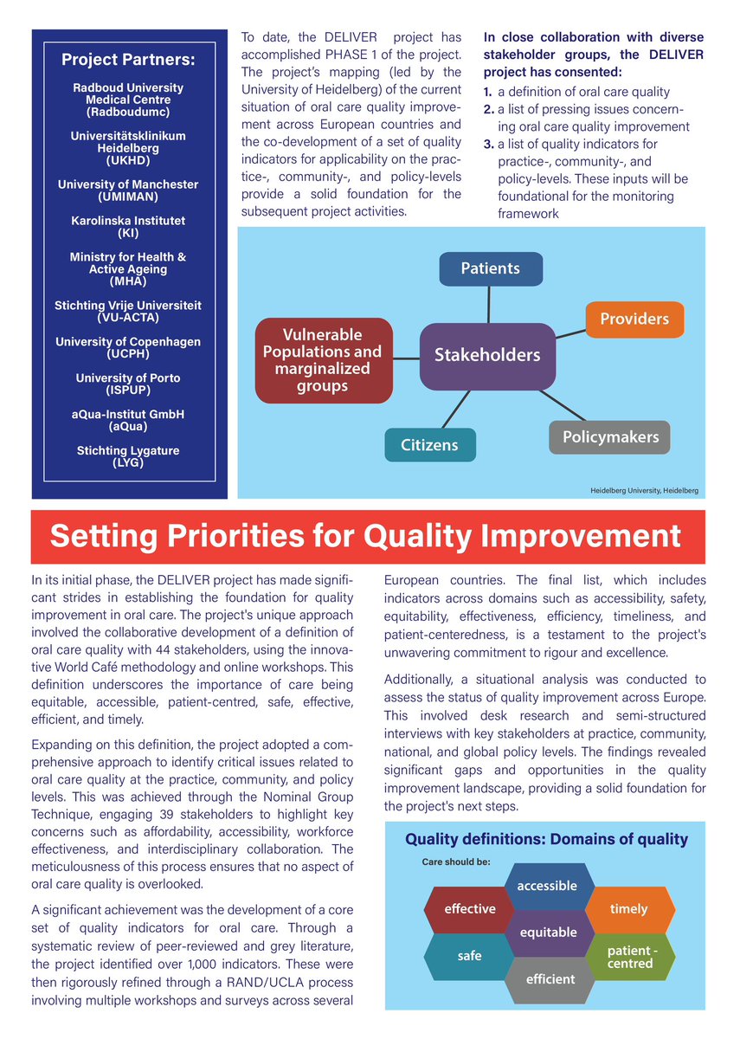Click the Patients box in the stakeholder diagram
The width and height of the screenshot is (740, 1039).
[491, 268]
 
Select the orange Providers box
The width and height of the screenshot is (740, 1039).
[634, 319]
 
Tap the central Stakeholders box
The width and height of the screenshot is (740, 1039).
[487, 355]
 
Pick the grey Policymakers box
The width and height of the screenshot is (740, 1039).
[610, 437]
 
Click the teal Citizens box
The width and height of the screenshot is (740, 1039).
[429, 445]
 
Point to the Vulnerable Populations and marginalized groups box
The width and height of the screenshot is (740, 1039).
[322, 360]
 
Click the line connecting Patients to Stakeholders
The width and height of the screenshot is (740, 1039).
[490, 304]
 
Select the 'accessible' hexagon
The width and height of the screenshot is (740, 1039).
[547, 886]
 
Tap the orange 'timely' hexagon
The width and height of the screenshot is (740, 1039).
[628, 909]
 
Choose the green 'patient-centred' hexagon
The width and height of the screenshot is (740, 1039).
[630, 957]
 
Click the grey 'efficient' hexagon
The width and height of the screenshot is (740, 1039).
[550, 979]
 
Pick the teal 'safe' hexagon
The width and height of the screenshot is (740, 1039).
[469, 956]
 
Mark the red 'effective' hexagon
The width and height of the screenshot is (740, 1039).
[470, 909]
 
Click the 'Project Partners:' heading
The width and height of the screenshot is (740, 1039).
[128, 60]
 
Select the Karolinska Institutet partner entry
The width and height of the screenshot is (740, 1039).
[128, 227]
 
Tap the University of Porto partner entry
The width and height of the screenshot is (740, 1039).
[128, 384]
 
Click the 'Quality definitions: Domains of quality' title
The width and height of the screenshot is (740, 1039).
[547, 839]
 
